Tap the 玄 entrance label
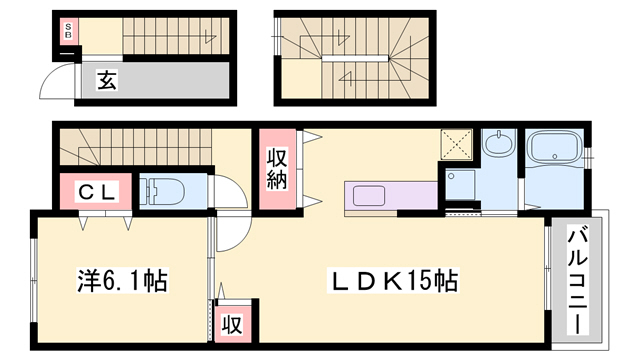[106, 80]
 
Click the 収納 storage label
[278, 169]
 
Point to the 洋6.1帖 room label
[122, 280]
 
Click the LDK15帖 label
[393, 280]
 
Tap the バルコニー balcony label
[577, 282]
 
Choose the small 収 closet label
[232, 325]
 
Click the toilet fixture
[162, 191]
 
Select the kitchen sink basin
[369, 196]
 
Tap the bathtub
[553, 147]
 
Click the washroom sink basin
[499, 144]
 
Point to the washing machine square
[460, 185]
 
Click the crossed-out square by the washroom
[456, 144]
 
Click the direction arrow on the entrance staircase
[210, 36]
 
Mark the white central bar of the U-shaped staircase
[355, 58]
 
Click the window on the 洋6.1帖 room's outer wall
[34, 280]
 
